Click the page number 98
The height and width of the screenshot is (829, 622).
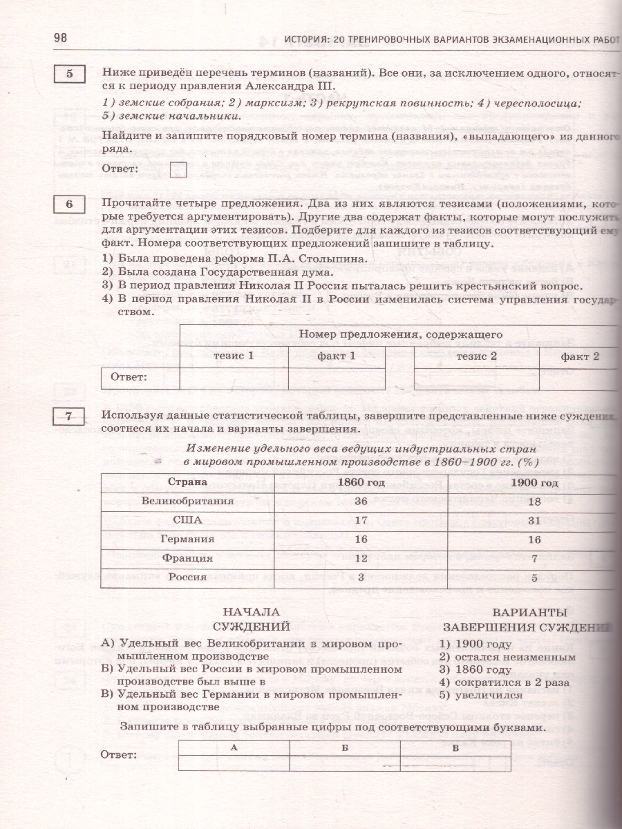[60, 37]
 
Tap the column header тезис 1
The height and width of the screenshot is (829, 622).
[234, 356]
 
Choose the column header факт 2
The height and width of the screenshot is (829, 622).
[579, 356]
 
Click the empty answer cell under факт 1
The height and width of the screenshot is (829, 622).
[336, 377]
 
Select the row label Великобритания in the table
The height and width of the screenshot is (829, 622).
[188, 501]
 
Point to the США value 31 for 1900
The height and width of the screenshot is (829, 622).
[530, 520]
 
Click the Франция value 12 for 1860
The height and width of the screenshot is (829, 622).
[360, 558]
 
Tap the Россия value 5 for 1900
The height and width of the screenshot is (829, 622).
[530, 577]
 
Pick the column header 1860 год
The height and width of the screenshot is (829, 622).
[360, 482]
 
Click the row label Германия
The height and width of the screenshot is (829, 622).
[188, 539]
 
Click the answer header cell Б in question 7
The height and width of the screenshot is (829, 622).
[345, 746]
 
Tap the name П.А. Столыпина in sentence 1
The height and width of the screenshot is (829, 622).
[319, 258]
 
